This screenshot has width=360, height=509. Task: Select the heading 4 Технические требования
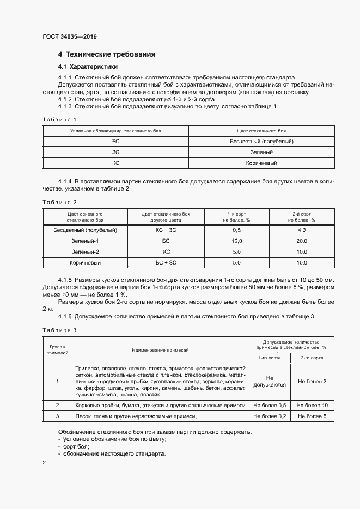pyautogui.click(x=107, y=54)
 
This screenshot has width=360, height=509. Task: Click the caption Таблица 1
pyautogui.click(x=59, y=119)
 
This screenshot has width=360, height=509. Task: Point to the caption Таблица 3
pyautogui.click(x=59, y=329)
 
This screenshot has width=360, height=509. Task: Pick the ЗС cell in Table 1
pyautogui.click(x=115, y=152)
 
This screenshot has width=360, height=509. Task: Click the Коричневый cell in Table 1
pyautogui.click(x=261, y=163)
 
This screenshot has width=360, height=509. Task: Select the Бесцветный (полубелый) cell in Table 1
pyautogui.click(x=261, y=141)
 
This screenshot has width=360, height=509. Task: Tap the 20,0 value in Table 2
pyautogui.click(x=301, y=241)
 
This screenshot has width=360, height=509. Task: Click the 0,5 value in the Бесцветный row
pyautogui.click(x=236, y=230)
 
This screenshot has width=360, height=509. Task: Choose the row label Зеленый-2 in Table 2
pyautogui.click(x=84, y=252)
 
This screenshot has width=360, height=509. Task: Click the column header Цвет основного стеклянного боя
pyautogui.click(x=84, y=217)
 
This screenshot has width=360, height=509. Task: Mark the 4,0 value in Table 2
pyautogui.click(x=301, y=230)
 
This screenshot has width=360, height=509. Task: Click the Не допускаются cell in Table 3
pyautogui.click(x=269, y=381)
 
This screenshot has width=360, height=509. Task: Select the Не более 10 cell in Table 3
pyautogui.click(x=312, y=406)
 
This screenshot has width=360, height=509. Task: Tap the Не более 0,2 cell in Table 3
pyautogui.click(x=269, y=416)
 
